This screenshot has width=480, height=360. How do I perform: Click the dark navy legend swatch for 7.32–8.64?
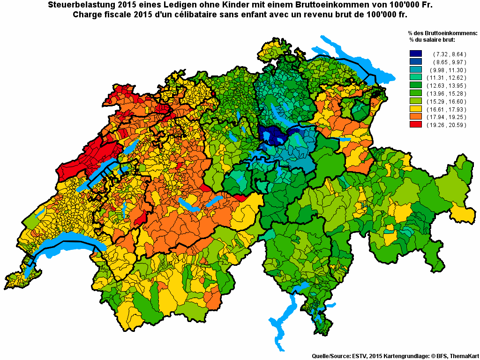click(416, 54)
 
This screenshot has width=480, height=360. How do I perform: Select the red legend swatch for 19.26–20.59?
click(416, 125)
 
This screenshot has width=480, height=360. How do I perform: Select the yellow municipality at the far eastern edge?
click(464, 214)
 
